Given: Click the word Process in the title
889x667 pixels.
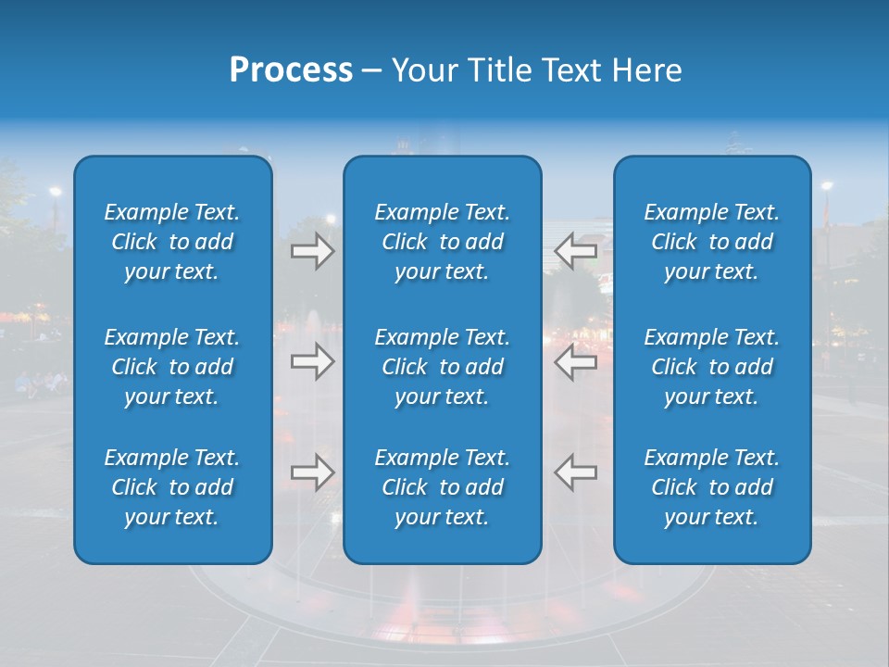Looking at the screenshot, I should pyautogui.click(x=291, y=70).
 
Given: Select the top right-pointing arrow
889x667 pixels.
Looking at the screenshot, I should pyautogui.click(x=312, y=251).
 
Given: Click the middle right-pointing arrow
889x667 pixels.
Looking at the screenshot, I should pyautogui.click(x=312, y=361).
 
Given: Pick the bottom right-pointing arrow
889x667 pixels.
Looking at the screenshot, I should pyautogui.click(x=312, y=472).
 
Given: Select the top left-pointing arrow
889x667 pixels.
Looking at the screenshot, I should pyautogui.click(x=576, y=251).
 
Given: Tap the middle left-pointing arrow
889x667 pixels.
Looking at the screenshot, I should pyautogui.click(x=576, y=361).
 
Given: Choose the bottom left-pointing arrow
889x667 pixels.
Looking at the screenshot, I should pyautogui.click(x=576, y=472).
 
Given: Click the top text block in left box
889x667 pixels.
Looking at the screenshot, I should pyautogui.click(x=172, y=242).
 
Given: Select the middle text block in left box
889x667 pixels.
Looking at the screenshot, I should pyautogui.click(x=172, y=367).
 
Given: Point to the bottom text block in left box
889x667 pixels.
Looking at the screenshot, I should pyautogui.click(x=172, y=487).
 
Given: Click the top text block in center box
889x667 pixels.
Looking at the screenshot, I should pyautogui.click(x=442, y=242).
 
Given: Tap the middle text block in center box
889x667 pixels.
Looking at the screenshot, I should pyautogui.click(x=442, y=367).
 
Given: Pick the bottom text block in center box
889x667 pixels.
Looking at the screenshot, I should pyautogui.click(x=442, y=487).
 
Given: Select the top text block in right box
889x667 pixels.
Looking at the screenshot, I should pyautogui.click(x=711, y=242).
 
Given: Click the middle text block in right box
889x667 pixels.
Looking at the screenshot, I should pyautogui.click(x=711, y=367).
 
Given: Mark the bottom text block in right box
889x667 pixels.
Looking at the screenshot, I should pyautogui.click(x=711, y=487).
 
